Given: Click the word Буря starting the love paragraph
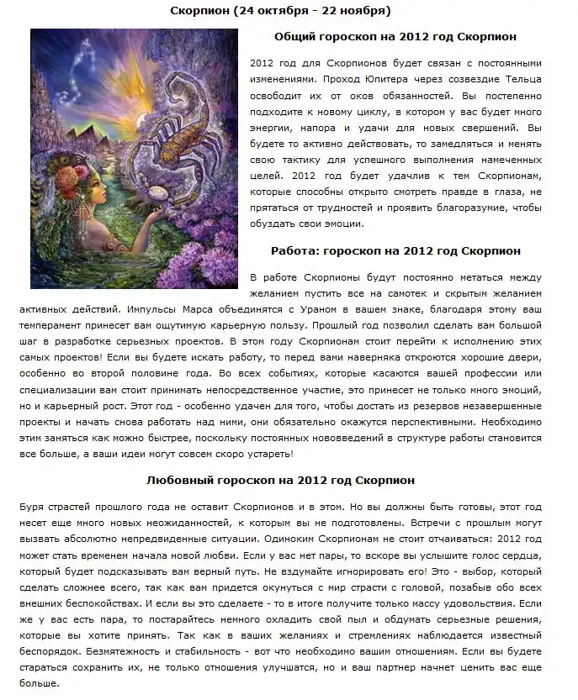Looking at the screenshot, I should [32, 508].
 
